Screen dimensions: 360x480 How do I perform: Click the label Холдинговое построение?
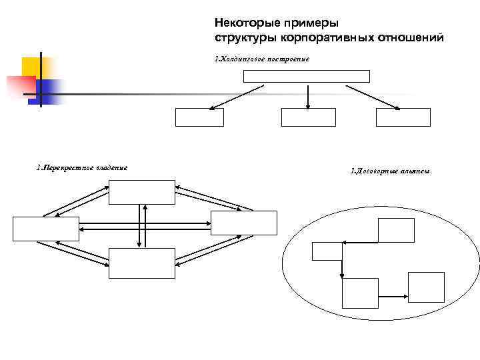262,59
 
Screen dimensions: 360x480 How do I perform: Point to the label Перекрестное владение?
82,167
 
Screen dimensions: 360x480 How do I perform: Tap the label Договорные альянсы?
390,171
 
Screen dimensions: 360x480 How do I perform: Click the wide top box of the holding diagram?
307,75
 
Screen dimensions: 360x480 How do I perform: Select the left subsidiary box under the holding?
199,117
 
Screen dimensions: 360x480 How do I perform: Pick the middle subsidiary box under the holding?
308,117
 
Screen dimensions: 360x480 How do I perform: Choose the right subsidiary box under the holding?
403,117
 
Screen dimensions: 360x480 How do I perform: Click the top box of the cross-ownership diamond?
143,192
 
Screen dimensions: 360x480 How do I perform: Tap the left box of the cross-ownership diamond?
46,229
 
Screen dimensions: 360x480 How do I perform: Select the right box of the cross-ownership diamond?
243,223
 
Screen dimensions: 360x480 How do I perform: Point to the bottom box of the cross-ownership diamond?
143,263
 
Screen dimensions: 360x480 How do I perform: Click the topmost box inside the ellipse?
396,230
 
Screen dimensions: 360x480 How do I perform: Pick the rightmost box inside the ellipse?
426,287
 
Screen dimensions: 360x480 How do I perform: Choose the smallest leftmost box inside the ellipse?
327,251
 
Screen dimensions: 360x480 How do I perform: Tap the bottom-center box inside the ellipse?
360,293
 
